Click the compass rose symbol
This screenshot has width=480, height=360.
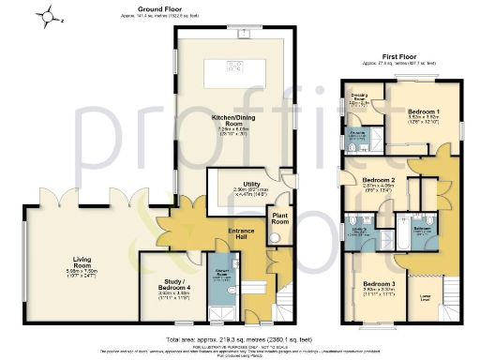pos(54,15)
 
